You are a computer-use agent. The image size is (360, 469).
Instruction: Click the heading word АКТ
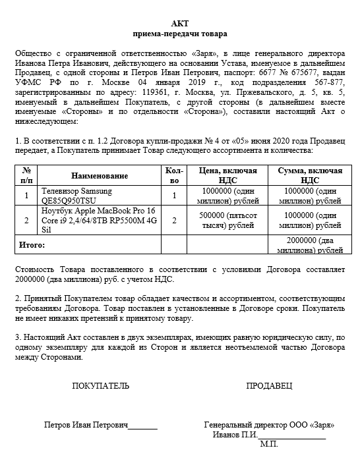180,22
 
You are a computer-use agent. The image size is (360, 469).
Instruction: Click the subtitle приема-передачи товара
180,33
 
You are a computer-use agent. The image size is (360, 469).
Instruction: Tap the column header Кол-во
173,175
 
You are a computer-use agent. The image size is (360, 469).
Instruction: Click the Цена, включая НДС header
227,175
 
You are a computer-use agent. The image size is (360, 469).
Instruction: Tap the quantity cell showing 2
173,220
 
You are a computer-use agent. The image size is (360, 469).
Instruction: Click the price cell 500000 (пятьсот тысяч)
227,220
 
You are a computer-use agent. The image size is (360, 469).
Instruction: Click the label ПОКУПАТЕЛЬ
96,385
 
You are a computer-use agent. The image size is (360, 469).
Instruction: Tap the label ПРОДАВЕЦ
268,385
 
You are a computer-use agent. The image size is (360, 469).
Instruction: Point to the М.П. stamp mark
269,446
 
